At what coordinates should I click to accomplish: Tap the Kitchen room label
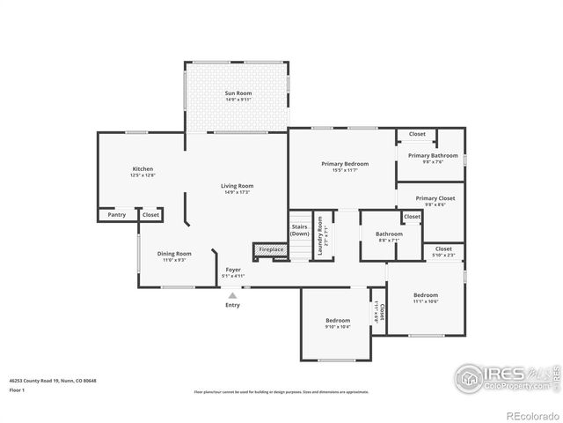click(x=143, y=169)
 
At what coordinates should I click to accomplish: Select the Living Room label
click(x=237, y=186)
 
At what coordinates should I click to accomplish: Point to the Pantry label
click(x=116, y=214)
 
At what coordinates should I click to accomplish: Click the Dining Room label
click(x=174, y=254)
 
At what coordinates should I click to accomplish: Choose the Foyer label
click(x=233, y=270)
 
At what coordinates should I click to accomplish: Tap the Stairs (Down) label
click(x=299, y=230)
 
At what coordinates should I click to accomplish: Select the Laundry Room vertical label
click(x=320, y=234)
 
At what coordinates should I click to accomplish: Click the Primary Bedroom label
click(x=345, y=164)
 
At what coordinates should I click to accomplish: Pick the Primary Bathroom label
click(x=432, y=156)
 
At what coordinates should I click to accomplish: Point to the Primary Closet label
click(x=435, y=198)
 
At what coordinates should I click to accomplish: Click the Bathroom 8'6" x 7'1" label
click(x=389, y=234)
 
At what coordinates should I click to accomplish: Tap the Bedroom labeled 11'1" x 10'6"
click(x=426, y=295)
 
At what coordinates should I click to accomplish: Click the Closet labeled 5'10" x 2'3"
click(x=443, y=250)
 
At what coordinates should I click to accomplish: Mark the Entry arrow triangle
click(x=232, y=296)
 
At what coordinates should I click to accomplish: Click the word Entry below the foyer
click(x=232, y=305)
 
